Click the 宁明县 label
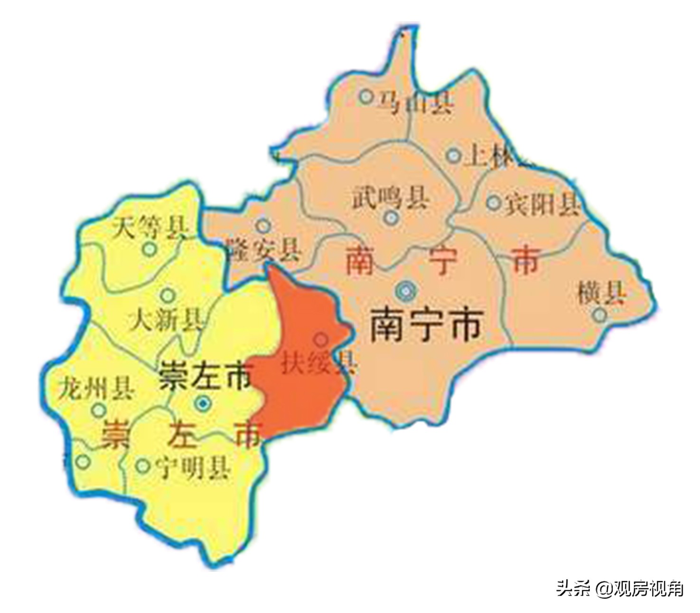point(193,467)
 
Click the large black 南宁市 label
point(426,325)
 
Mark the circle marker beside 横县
point(600,314)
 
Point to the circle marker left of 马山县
point(365,97)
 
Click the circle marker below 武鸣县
point(391,218)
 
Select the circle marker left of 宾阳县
point(494,203)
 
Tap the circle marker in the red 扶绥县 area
point(321,339)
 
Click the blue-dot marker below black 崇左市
point(203,403)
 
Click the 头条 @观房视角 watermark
point(620,589)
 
